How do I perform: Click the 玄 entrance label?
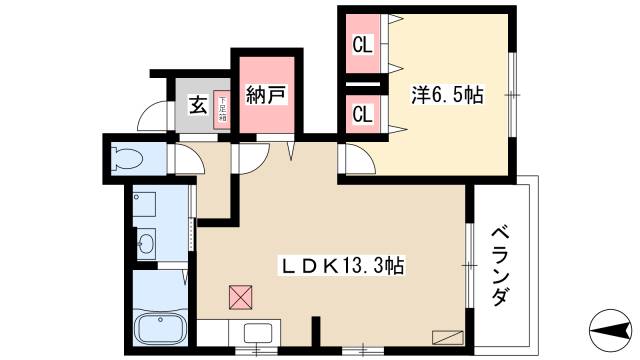tap(198, 102)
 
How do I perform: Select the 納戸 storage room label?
tap(266, 96)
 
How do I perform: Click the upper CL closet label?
tap(362, 44)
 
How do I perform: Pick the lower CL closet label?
tap(362, 113)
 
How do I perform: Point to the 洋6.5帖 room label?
tap(447, 96)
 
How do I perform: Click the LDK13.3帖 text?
tap(342, 266)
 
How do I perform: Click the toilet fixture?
tap(127, 157)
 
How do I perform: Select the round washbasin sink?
tap(146, 241)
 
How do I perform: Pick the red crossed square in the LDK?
tap(242, 297)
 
